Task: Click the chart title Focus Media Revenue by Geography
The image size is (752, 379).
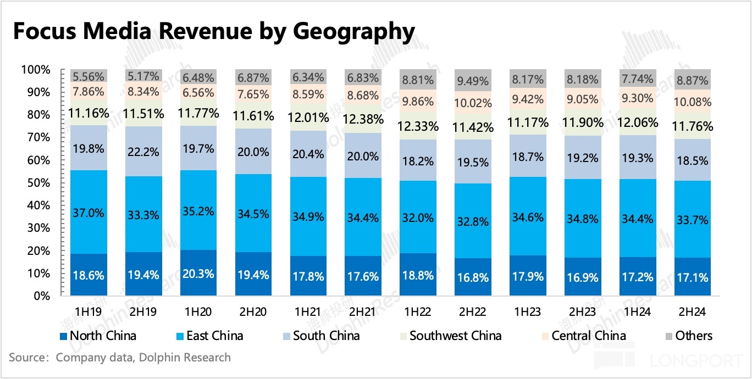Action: point(213,32)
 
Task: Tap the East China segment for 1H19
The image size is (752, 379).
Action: point(89,212)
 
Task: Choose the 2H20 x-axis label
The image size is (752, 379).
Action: point(253,312)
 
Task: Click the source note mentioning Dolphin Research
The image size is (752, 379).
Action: point(120,358)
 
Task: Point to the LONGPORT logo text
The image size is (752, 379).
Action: point(697,360)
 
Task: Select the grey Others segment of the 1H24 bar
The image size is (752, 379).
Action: point(636,78)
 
